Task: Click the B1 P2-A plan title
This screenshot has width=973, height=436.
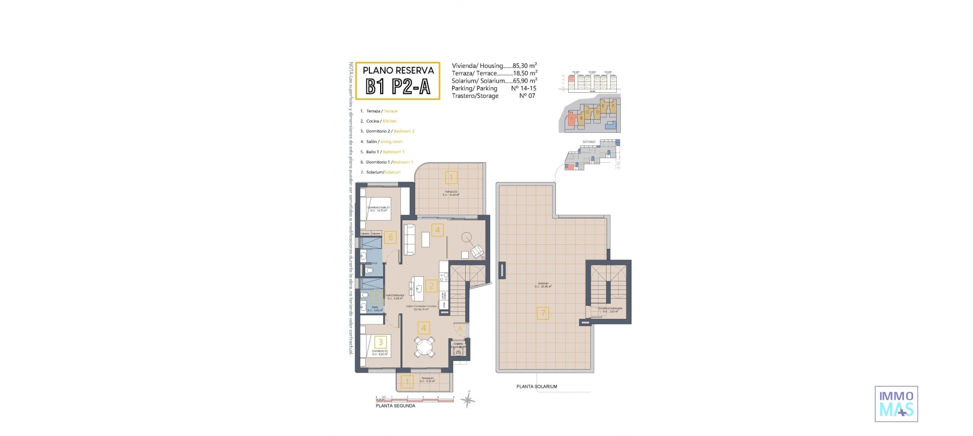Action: point(398,87)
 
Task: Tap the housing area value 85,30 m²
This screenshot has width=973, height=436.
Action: point(525,65)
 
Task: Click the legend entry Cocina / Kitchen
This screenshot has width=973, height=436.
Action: point(381,121)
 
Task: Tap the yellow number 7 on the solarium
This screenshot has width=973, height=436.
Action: point(543,313)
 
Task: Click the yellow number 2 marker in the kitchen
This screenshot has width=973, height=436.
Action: point(431,286)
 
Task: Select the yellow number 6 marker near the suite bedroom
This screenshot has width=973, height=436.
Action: point(390,237)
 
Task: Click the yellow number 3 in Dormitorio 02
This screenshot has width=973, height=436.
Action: point(381,342)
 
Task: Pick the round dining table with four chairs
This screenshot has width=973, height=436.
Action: point(424,347)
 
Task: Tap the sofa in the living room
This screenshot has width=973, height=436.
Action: point(409,239)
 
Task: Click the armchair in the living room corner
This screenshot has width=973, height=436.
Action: point(477,251)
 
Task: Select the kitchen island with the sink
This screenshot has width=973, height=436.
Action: point(418,288)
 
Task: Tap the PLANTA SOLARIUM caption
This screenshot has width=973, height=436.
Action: point(537,386)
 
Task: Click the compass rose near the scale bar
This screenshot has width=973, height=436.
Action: point(468,401)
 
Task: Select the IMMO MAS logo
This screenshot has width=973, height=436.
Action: point(896,404)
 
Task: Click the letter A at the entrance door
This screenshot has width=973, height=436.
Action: point(460,329)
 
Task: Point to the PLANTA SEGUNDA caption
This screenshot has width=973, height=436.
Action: point(395,406)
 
